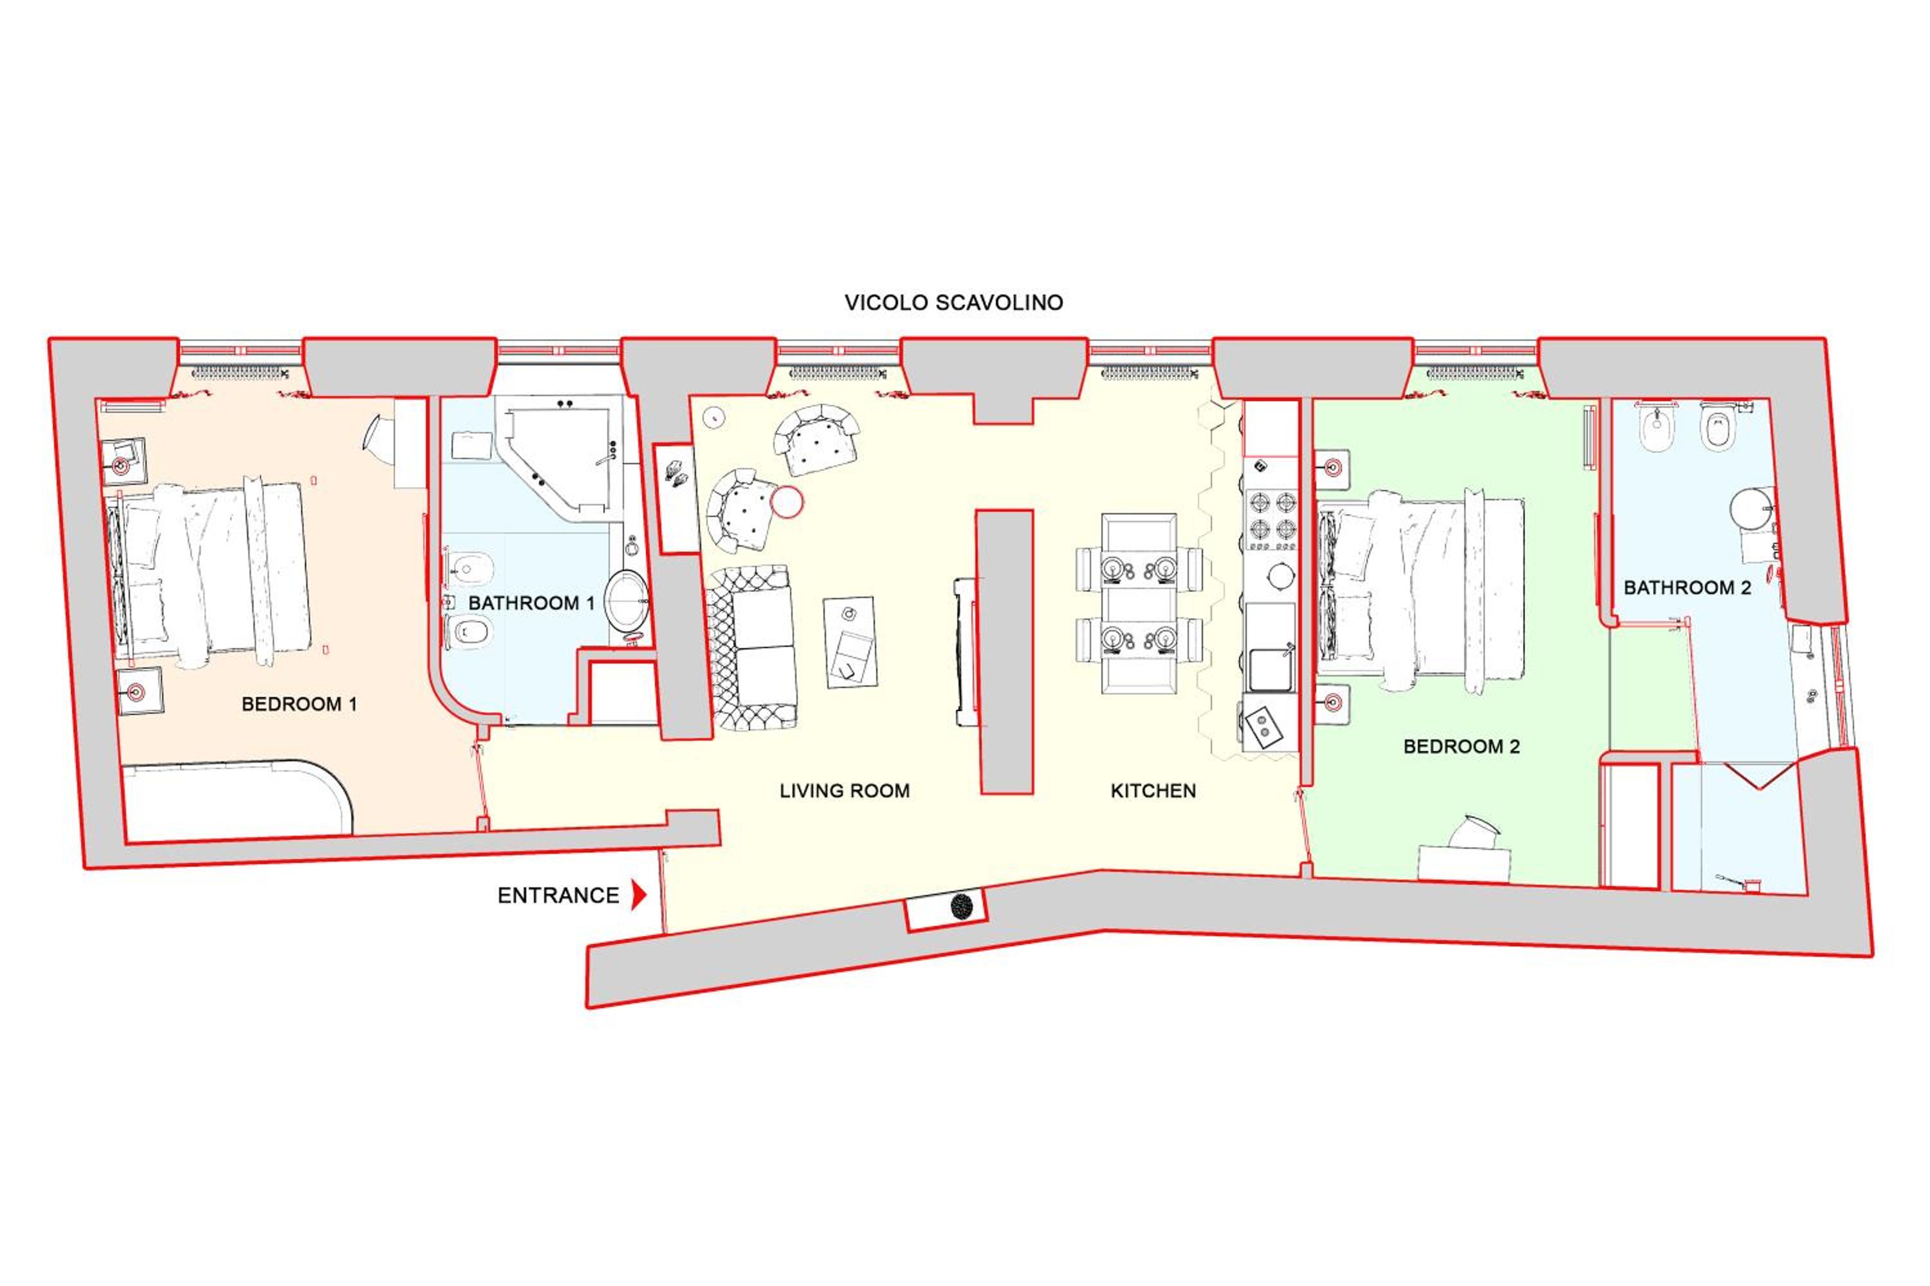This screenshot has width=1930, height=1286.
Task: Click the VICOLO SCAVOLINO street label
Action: [x=953, y=303]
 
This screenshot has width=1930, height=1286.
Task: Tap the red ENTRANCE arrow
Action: [x=638, y=895]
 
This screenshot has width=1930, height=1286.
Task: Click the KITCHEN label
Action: [x=1153, y=791]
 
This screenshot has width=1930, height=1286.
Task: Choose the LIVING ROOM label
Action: [x=844, y=791]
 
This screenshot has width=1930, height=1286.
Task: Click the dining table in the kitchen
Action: [x=1139, y=603]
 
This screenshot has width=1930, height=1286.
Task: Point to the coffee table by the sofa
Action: [x=850, y=641]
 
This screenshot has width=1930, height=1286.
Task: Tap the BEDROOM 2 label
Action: [x=1462, y=747]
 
